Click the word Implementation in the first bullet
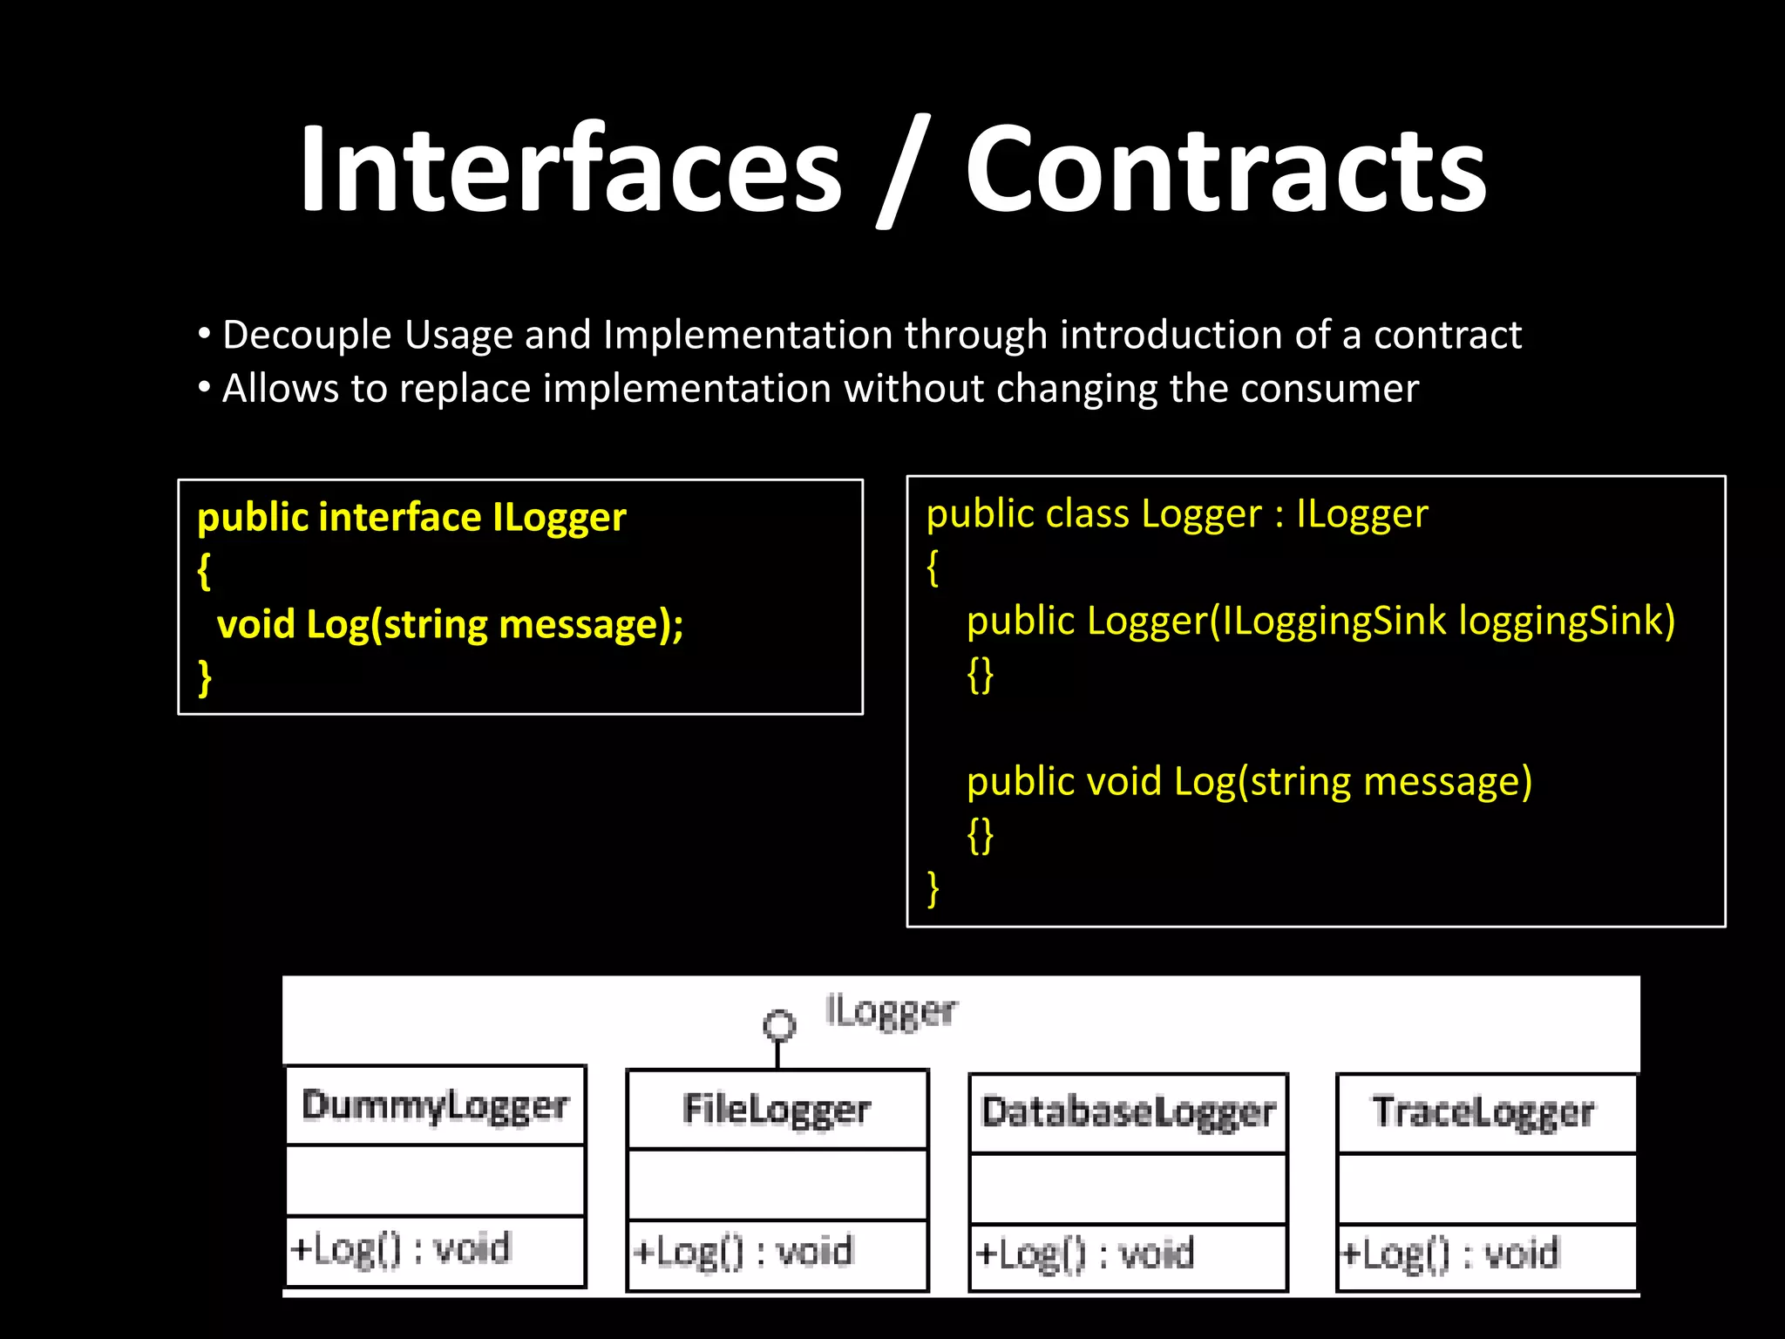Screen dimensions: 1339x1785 [x=748, y=336]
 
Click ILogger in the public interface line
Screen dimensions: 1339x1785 [x=560, y=518]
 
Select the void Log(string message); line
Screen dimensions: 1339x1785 [x=450, y=625]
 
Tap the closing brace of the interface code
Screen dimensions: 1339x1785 [x=205, y=677]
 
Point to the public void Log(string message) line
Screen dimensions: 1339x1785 [x=1249, y=782]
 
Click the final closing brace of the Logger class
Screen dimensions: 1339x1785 [x=933, y=888]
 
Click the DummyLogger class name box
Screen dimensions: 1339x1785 [x=435, y=1106]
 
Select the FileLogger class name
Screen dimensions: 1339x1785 [x=777, y=1111]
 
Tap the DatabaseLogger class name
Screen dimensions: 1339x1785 [x=1128, y=1113]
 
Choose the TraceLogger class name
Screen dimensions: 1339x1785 [x=1483, y=1113]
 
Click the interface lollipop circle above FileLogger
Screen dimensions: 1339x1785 [x=779, y=1024]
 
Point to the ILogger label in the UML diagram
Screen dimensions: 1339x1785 [x=890, y=1012]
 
